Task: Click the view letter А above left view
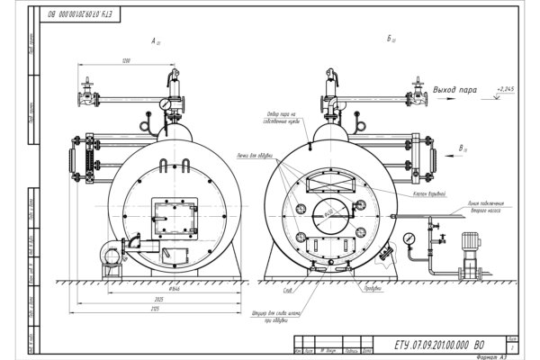156,40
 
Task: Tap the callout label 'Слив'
286,291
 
